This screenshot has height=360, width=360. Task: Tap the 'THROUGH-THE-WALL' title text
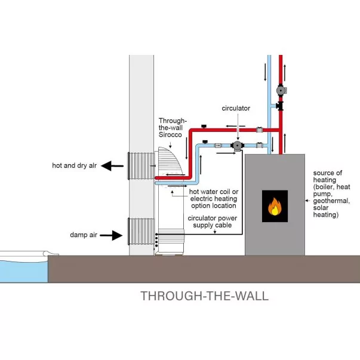pos(204,296)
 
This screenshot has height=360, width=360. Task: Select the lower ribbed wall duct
pos(141,231)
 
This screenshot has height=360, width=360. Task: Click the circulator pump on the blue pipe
pos(238,145)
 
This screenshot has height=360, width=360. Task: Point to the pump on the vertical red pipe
pos(280,91)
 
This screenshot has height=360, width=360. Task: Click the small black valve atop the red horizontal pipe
pos(204,126)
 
